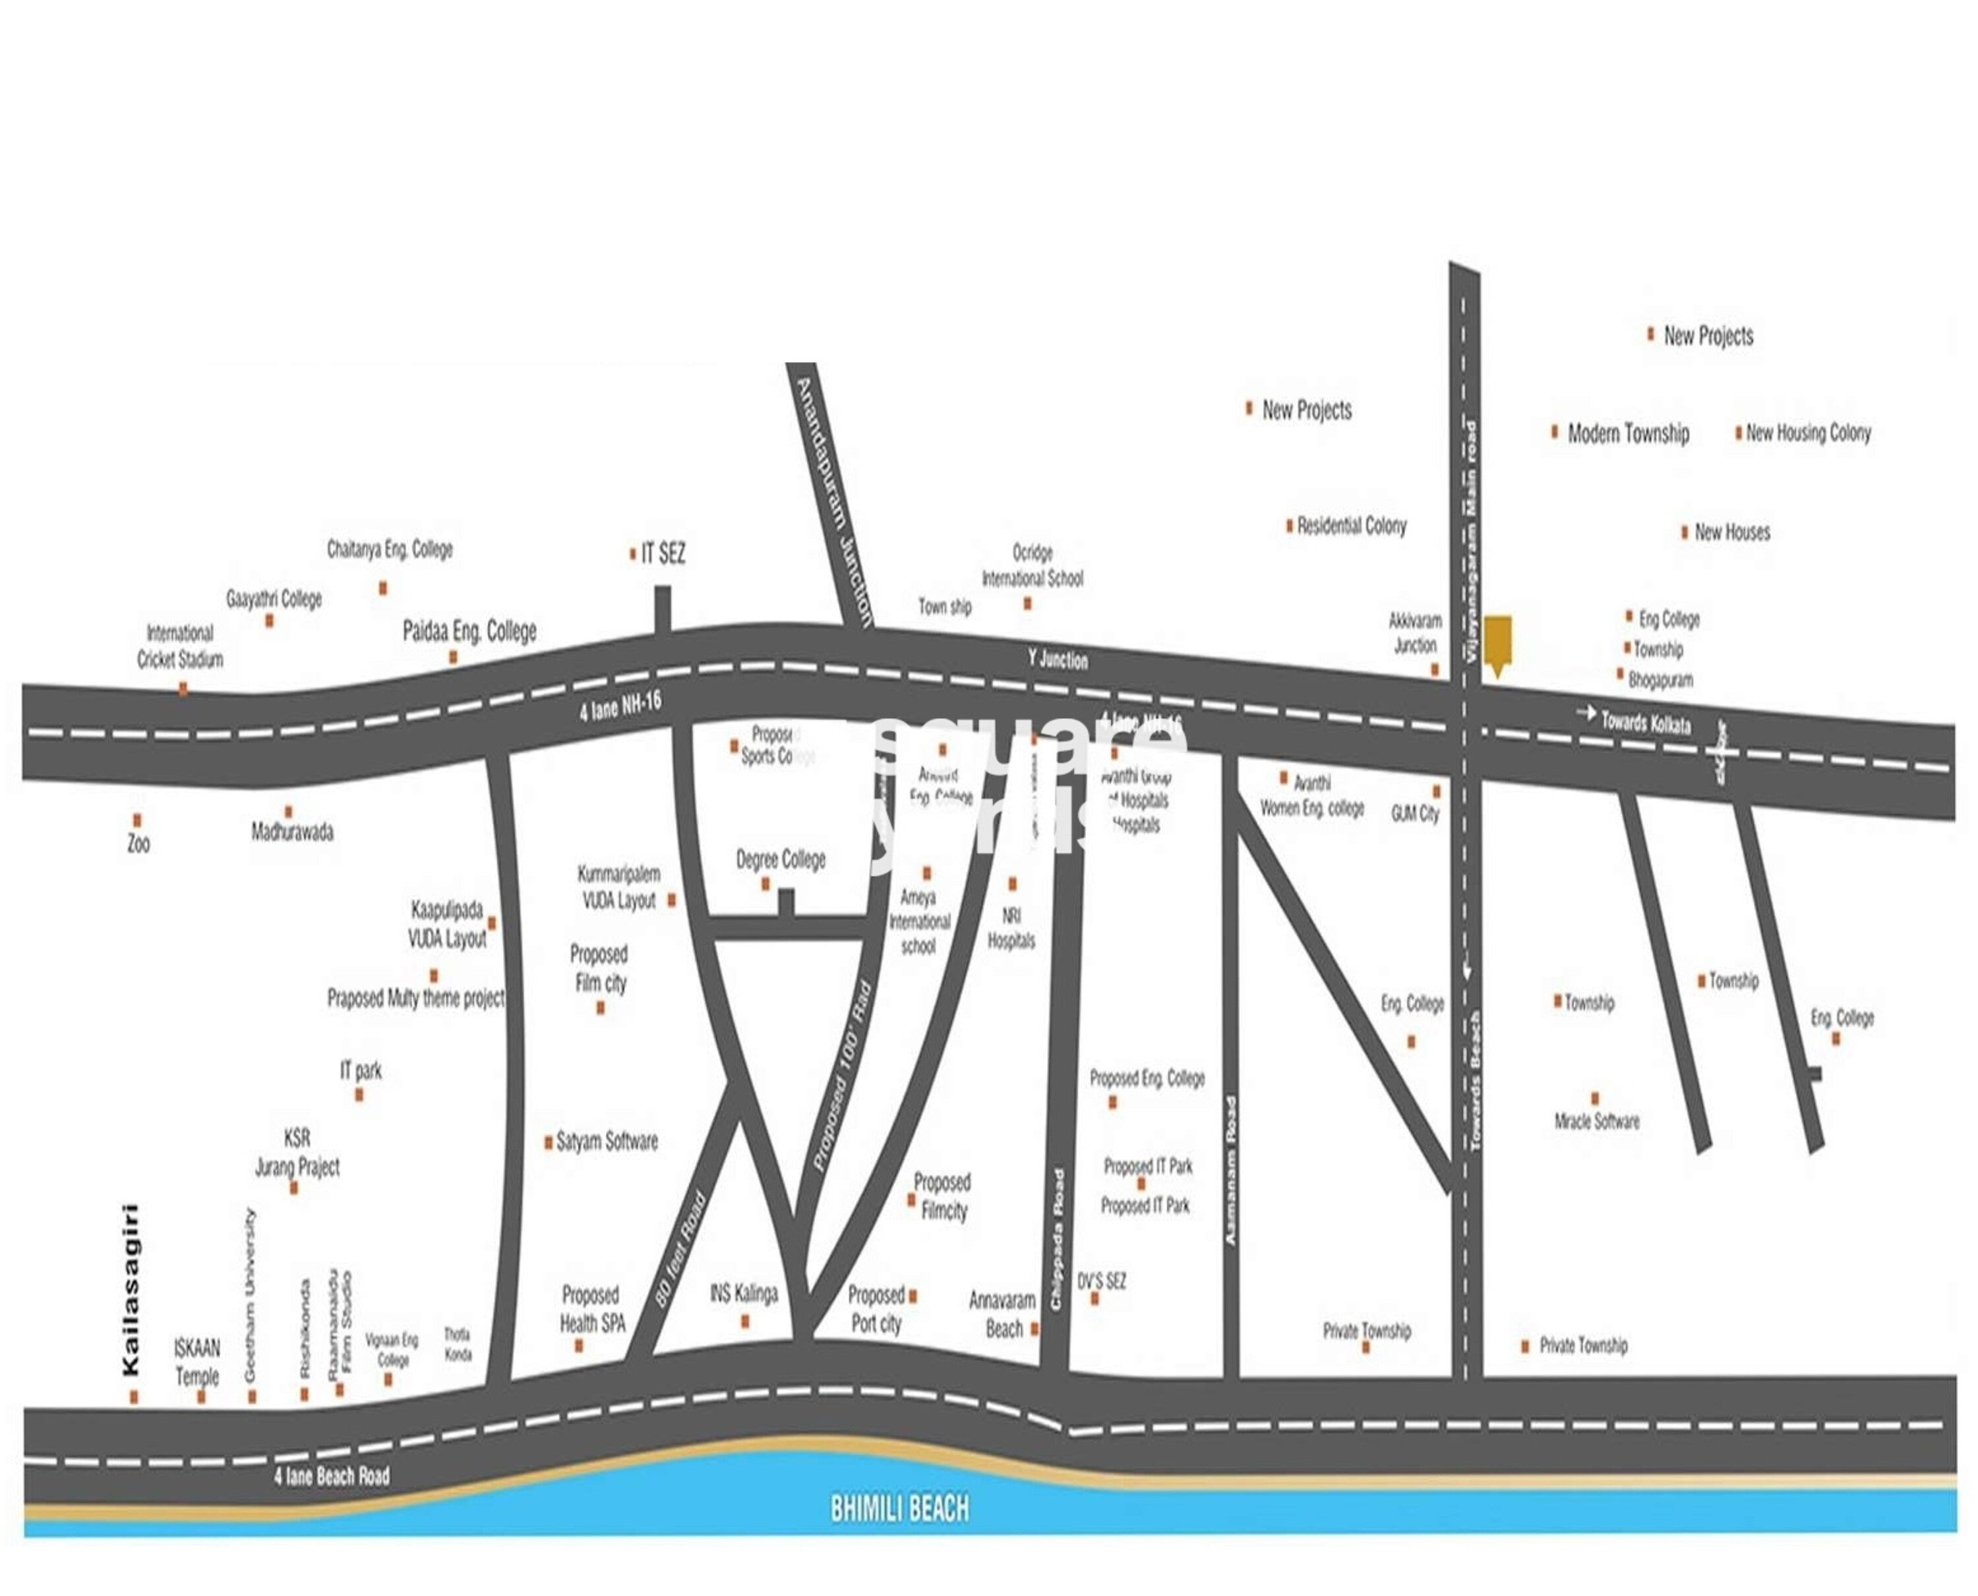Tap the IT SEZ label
[663, 553]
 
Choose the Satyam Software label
[607, 1142]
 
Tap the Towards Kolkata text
[1645, 723]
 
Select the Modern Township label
[1628, 433]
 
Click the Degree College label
[781, 859]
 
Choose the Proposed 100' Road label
[842, 1076]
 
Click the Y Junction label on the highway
[1057, 660]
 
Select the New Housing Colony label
[1808, 433]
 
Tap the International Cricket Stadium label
[180, 646]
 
